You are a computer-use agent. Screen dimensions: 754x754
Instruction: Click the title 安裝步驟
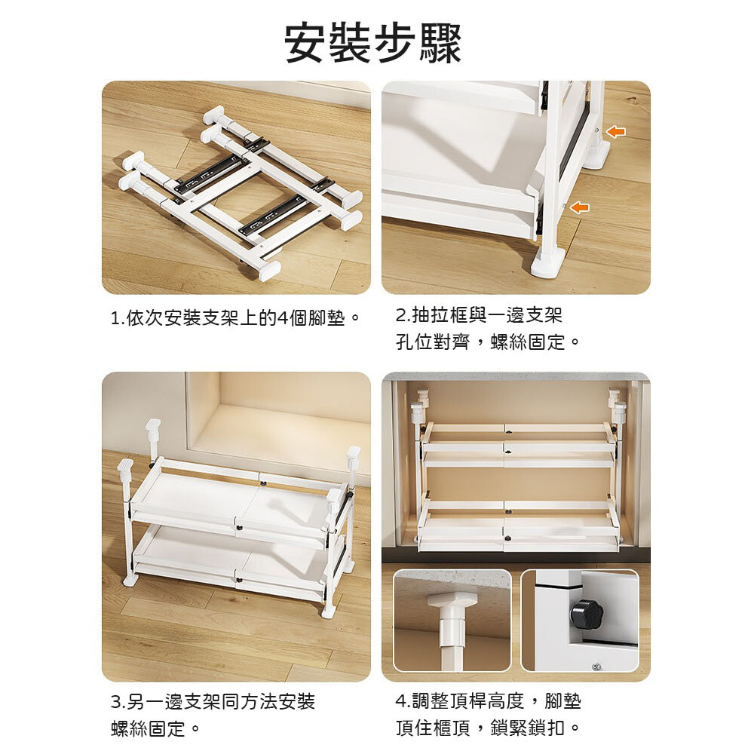coord(374,43)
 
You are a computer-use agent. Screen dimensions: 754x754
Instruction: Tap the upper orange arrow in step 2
coord(616,131)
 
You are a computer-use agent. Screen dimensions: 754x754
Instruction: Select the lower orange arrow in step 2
coord(579,207)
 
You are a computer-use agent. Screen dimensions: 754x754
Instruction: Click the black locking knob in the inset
coord(586,613)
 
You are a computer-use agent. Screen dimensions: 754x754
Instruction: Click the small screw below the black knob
coord(596,667)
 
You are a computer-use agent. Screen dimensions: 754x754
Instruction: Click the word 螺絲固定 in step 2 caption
coord(528,342)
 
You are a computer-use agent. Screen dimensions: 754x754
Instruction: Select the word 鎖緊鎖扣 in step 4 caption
coord(528,728)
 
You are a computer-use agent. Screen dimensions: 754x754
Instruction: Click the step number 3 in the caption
coord(116,702)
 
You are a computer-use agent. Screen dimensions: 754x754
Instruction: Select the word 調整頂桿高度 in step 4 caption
coord(467,700)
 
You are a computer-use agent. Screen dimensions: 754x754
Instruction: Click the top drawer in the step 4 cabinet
coord(518,444)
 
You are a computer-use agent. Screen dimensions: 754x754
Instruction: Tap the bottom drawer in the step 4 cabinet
coord(518,526)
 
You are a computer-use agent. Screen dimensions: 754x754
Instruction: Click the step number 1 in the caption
coord(115,318)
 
